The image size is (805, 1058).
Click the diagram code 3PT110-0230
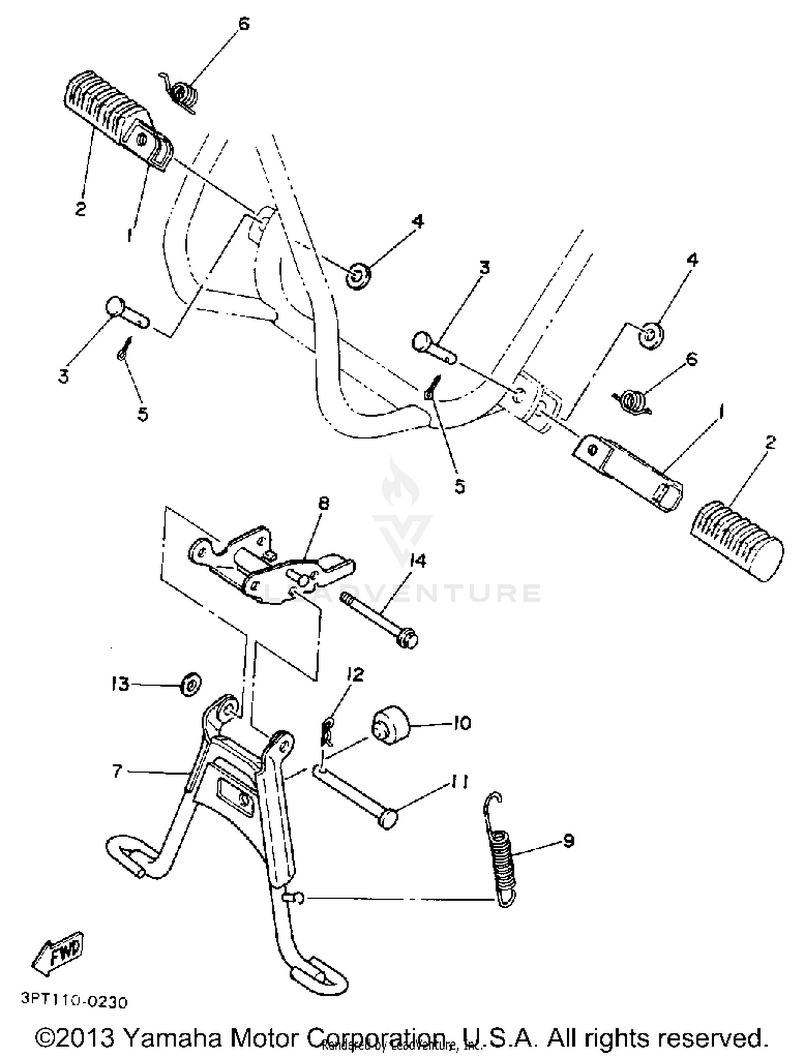coord(75,1001)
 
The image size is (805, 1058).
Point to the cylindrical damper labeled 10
coord(390,726)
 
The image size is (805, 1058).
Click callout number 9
coord(568,840)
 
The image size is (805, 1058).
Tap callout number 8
coord(324,504)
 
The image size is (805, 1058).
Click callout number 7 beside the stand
coord(118,772)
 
